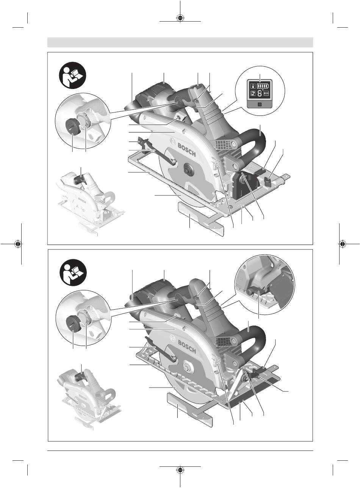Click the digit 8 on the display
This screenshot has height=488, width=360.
pos(260,94)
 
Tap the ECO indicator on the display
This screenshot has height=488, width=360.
pos(266,94)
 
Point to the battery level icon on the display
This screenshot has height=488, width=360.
pos(263,86)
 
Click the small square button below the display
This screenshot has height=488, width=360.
pos(259,104)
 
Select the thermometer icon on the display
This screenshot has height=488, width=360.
pos(253,86)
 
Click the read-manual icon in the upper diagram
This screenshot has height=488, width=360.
pos(73,75)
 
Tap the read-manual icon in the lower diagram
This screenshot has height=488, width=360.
pos(73,272)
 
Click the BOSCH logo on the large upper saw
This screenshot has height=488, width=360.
pos(187,150)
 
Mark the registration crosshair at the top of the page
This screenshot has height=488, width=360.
pos(180,18)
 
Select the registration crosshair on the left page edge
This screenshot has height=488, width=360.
pos(18,244)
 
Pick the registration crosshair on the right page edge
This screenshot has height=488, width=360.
pos(343,244)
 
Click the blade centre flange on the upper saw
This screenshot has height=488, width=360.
pos(189,169)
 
